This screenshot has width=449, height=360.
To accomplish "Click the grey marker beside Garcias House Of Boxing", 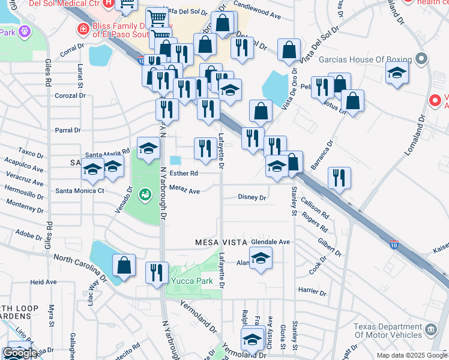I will pos(421,59).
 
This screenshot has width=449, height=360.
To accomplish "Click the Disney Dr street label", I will pos(252,197).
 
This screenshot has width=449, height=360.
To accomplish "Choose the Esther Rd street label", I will pos(184,173).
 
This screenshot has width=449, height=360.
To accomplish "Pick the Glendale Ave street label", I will pos(270,242).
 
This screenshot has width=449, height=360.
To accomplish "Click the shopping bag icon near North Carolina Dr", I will pos(124,266).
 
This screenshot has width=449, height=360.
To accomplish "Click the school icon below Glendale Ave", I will pos(261,259).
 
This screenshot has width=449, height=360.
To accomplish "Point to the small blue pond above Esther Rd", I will pos(175,160).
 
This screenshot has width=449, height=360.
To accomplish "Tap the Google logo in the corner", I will pos(19,353).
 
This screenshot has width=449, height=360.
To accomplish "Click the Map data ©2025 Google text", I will pos(411,355).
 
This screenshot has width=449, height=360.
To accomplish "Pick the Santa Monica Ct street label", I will pos(80,191).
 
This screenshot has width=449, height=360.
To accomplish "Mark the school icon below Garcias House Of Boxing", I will pos(397,73).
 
